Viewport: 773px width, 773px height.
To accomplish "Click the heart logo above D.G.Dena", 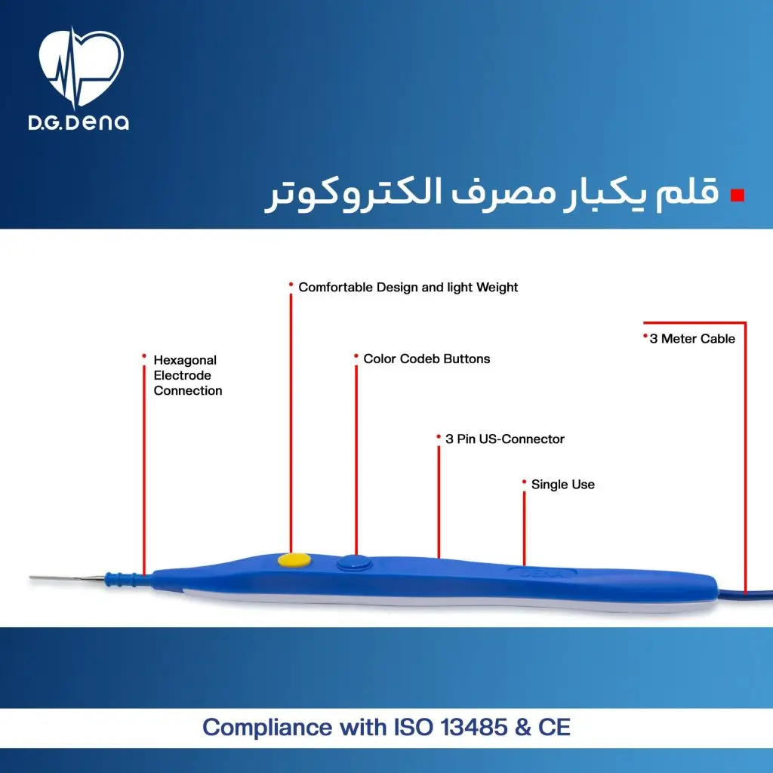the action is pyautogui.click(x=80, y=67).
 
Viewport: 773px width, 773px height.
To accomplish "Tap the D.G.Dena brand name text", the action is pyautogui.click(x=79, y=122).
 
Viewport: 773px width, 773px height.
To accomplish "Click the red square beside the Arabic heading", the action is pyautogui.click(x=737, y=196).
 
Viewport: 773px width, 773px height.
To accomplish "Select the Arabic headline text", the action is pyautogui.click(x=492, y=193).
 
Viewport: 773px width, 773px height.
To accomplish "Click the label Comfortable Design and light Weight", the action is pyautogui.click(x=408, y=288).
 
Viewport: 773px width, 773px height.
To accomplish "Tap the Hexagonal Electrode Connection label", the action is pyautogui.click(x=188, y=375).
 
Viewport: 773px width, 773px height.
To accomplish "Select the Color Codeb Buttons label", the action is pyautogui.click(x=427, y=359).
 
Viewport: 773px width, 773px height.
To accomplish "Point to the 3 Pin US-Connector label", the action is pyautogui.click(x=505, y=439).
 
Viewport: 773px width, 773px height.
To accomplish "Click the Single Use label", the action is pyautogui.click(x=562, y=485).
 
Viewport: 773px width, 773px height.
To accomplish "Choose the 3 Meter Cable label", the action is pyautogui.click(x=692, y=339).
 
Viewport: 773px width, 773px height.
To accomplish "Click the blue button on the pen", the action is pyautogui.click(x=354, y=563).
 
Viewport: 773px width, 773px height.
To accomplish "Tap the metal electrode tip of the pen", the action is pyautogui.click(x=67, y=577).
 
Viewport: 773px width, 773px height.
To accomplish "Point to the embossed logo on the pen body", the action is pyautogui.click(x=542, y=574).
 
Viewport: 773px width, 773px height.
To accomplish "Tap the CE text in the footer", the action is pyautogui.click(x=555, y=728).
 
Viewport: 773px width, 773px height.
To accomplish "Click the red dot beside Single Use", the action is pyautogui.click(x=524, y=482).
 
